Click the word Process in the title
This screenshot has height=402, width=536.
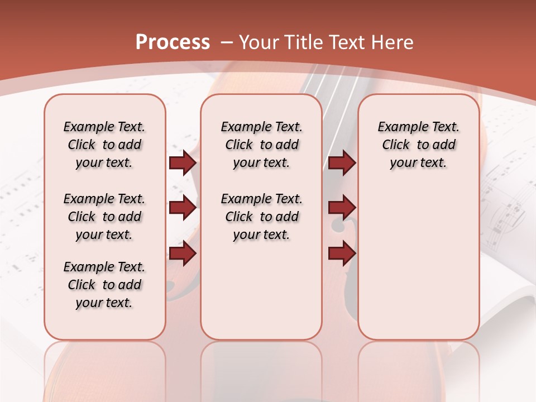pyautogui.click(x=173, y=42)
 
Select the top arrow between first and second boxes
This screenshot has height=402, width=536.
pyautogui.click(x=183, y=163)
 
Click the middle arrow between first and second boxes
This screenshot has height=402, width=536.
pyautogui.click(x=183, y=208)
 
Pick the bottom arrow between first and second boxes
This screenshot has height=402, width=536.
pyautogui.click(x=183, y=253)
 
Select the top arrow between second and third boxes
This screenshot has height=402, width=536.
pyautogui.click(x=342, y=163)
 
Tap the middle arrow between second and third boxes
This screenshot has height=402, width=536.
pyautogui.click(x=342, y=208)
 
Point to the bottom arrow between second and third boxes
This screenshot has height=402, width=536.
pyautogui.click(x=342, y=253)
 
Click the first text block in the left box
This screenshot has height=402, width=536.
pyautogui.click(x=104, y=145)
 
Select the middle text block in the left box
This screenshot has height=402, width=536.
pyautogui.click(x=104, y=217)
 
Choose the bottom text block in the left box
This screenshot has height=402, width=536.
pyautogui.click(x=104, y=285)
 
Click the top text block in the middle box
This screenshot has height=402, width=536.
pyautogui.click(x=261, y=145)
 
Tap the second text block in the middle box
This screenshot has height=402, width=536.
pyautogui.click(x=261, y=217)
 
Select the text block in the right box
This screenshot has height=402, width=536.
pyautogui.click(x=418, y=145)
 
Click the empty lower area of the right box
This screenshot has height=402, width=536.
pyautogui.click(x=418, y=268)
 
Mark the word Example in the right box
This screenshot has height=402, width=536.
pyautogui.click(x=398, y=127)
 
